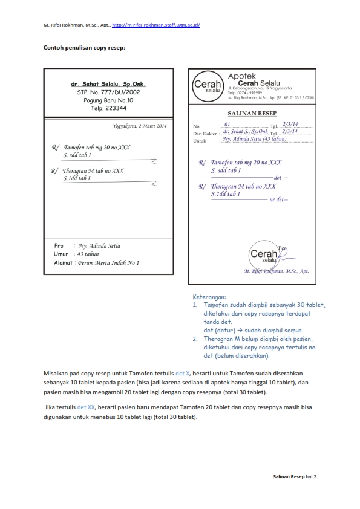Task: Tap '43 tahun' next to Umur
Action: click(x=88, y=254)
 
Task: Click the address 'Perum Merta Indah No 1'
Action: click(x=108, y=263)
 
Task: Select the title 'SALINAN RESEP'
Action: click(x=250, y=113)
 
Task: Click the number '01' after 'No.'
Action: click(x=227, y=125)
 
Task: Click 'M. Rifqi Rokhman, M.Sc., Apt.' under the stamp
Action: click(x=276, y=272)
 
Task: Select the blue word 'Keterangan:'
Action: click(x=209, y=297)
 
